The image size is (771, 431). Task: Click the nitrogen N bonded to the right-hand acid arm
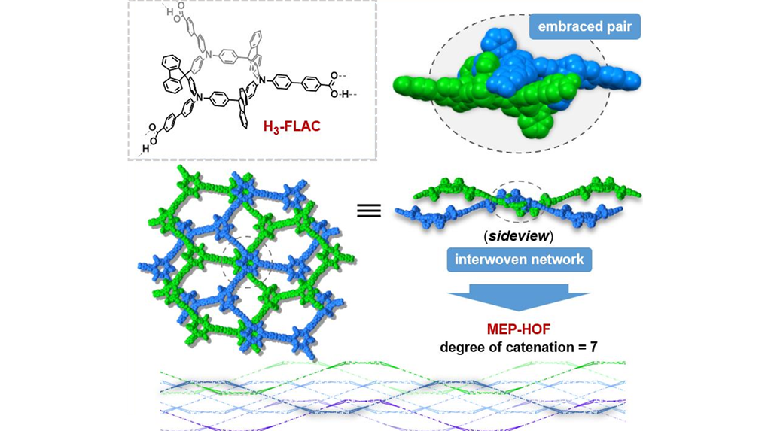tap(262, 80)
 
